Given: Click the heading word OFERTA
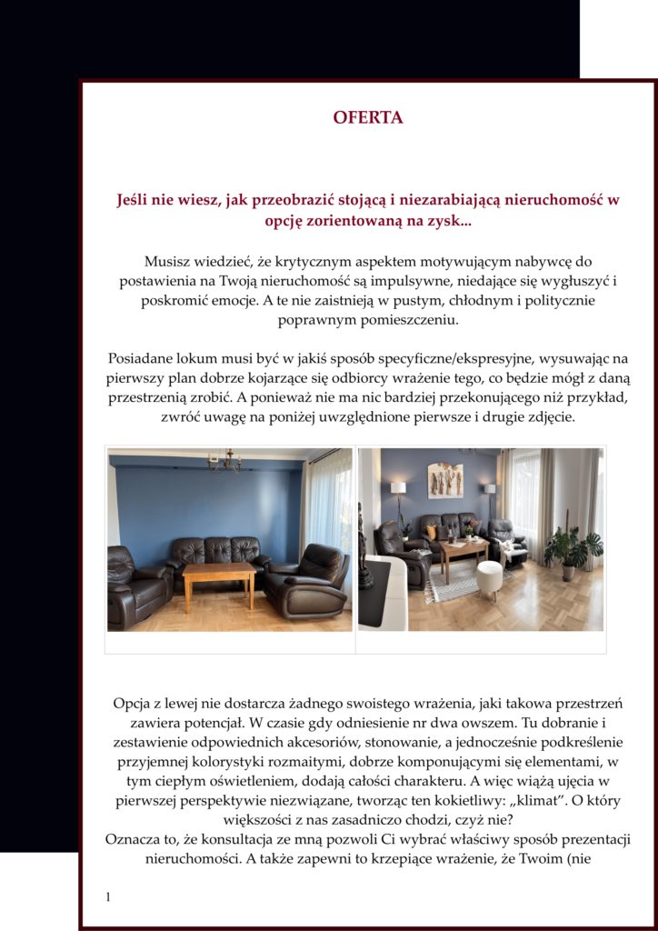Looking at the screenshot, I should click(x=367, y=117).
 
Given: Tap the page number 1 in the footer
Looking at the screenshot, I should click(x=108, y=897).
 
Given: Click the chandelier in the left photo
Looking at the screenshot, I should click(x=224, y=461).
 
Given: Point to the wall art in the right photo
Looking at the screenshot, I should click(x=445, y=479).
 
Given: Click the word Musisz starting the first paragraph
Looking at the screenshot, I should click(x=168, y=262).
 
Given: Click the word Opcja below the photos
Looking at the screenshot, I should click(x=134, y=704).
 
